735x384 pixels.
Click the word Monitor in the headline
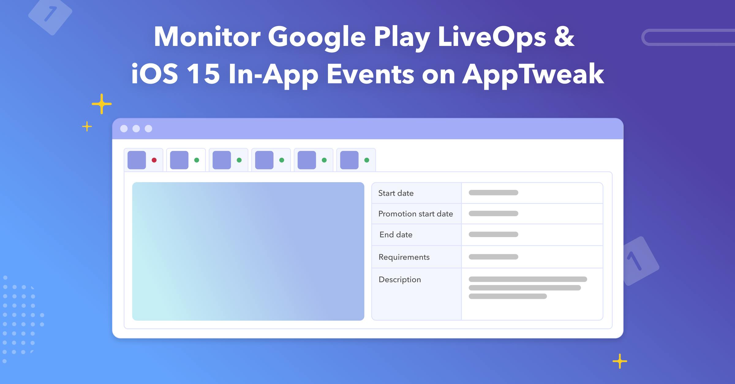point(207,37)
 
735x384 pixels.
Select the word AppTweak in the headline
point(533,74)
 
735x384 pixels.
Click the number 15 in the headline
point(203,74)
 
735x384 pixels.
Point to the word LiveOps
point(492,37)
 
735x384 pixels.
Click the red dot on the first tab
point(154,160)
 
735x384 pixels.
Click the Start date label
point(396,193)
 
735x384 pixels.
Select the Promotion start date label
point(415,214)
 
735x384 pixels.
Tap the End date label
point(396,235)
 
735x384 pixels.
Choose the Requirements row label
point(404,257)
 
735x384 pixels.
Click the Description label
point(400,280)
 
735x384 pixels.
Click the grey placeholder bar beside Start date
point(493,193)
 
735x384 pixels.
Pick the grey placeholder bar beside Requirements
point(493,257)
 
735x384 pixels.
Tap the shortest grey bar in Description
point(507,296)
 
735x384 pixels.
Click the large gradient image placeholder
point(248,251)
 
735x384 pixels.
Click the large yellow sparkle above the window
point(102,104)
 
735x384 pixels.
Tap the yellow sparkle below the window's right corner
point(620,361)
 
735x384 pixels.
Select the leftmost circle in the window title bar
point(124,129)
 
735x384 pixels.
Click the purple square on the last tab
point(349,160)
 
